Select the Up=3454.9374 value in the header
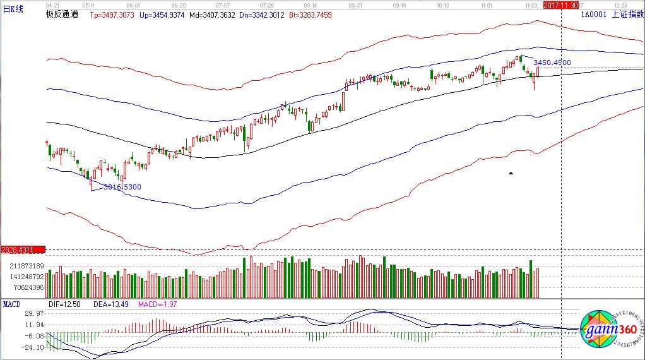pyautogui.click(x=161, y=13)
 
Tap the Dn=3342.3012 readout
pyautogui.click(x=260, y=13)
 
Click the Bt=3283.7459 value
pyautogui.click(x=309, y=13)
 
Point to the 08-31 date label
pyautogui.click(x=355, y=4)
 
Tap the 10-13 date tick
pyautogui.click(x=442, y=4)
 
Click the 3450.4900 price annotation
pyautogui.click(x=552, y=63)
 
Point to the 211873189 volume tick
pyautogui.click(x=22, y=266)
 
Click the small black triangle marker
pyautogui.click(x=511, y=172)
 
